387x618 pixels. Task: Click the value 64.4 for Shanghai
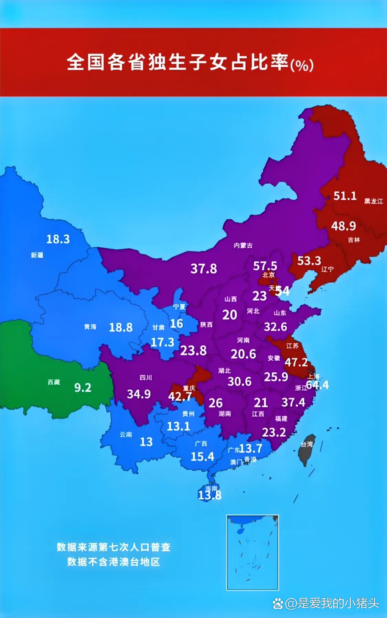click(x=317, y=385)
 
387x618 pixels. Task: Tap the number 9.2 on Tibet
click(x=83, y=388)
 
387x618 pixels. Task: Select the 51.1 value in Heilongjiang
click(x=345, y=196)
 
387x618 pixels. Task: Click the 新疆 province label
click(x=37, y=255)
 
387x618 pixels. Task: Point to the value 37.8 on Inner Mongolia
click(x=204, y=269)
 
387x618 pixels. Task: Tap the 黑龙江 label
click(x=374, y=201)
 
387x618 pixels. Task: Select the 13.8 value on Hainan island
click(x=209, y=495)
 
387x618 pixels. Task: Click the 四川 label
click(x=146, y=378)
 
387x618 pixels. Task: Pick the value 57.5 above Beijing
click(x=265, y=266)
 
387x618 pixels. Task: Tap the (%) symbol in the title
click(x=302, y=65)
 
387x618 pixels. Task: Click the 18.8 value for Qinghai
click(x=121, y=327)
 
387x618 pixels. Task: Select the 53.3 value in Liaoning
click(x=309, y=261)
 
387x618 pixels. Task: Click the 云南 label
click(x=126, y=435)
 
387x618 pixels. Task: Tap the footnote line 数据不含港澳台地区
click(x=114, y=562)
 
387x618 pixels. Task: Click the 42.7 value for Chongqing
click(x=180, y=396)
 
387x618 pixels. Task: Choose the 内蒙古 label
click(x=243, y=245)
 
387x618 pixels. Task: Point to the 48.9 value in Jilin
click(x=343, y=226)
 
